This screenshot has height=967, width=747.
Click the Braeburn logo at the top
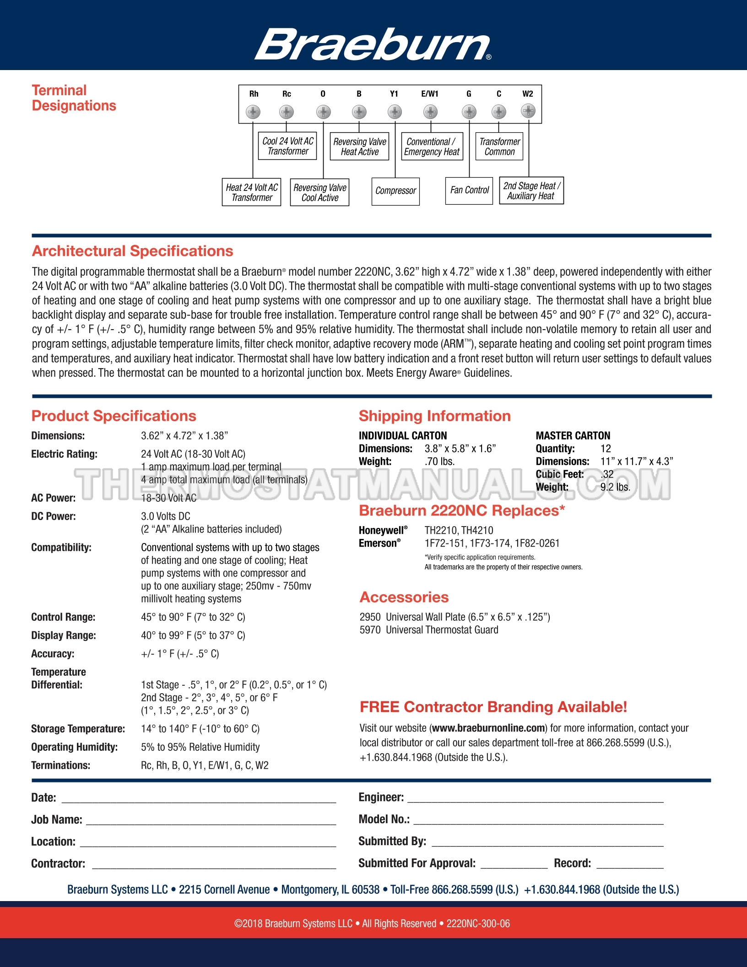[373, 44]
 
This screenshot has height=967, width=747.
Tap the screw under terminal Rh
[253, 112]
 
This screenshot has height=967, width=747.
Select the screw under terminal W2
[528, 111]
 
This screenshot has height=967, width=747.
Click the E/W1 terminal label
[430, 94]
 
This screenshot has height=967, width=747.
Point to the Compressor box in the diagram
[395, 191]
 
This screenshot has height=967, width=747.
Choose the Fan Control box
[469, 190]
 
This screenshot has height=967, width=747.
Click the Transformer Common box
[499, 147]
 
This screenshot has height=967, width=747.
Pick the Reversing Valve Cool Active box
[319, 193]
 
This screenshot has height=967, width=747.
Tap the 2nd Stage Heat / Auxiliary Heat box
[531, 191]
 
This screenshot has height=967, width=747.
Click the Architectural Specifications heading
[132, 251]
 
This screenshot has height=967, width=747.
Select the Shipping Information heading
[434, 416]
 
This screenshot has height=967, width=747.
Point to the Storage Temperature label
[78, 728]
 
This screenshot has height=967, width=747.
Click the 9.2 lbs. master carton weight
[615, 487]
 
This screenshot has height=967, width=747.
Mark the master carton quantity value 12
[606, 449]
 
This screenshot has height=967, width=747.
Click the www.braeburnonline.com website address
[489, 728]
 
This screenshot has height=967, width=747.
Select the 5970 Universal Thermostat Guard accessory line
[429, 630]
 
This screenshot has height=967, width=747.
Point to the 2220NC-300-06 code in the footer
[478, 924]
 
